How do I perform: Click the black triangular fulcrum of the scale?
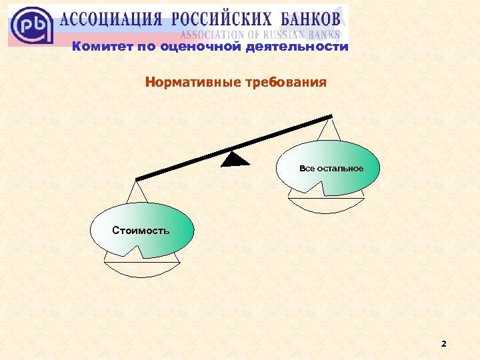coord(235,159)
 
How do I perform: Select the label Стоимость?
coord(141,231)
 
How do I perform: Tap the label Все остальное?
coord(331,168)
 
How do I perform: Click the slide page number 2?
coord(444,344)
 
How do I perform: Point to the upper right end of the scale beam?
coord(330,118)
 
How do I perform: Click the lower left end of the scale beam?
coord(138,179)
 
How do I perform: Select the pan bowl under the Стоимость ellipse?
coord(142,267)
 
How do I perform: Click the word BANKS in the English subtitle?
coord(325,34)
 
